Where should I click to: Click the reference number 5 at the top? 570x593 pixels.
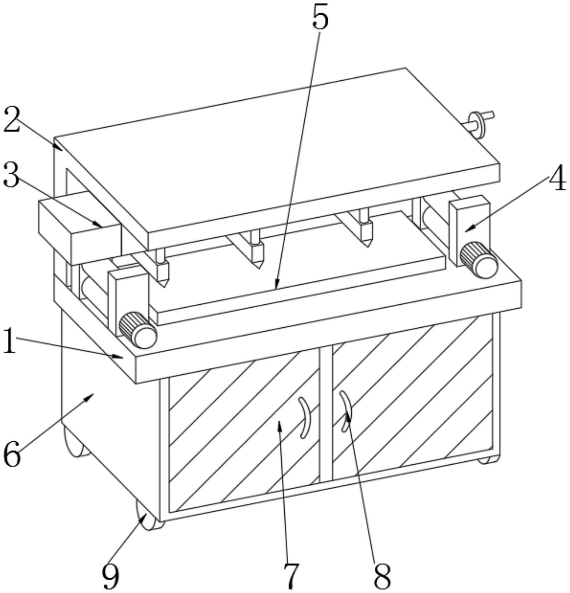320,17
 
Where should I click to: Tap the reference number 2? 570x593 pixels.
12,120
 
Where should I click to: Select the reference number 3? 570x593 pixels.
11,175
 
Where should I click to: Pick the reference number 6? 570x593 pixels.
12,455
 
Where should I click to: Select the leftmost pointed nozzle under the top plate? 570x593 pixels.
162,268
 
